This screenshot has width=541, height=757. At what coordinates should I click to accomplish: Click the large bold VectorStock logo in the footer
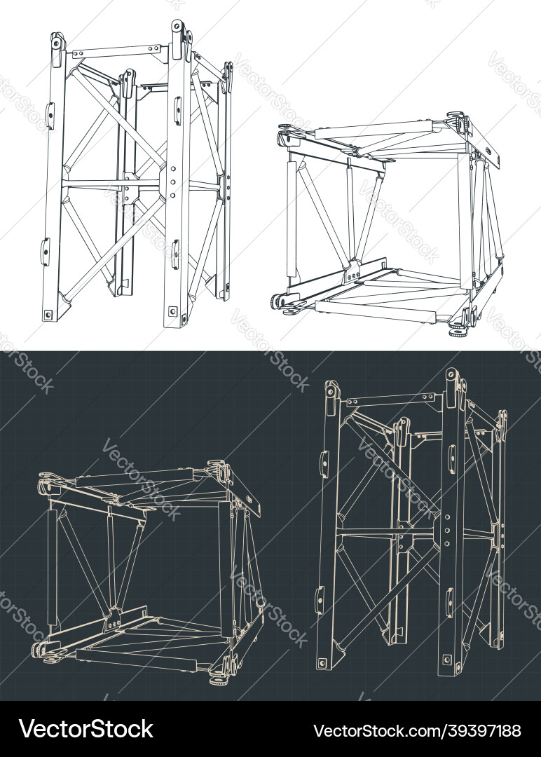click(86, 729)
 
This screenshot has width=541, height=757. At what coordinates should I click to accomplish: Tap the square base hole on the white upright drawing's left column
click(48, 314)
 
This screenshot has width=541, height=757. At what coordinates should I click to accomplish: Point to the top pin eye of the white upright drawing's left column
click(57, 43)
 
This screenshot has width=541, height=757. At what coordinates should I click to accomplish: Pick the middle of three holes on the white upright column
click(173, 182)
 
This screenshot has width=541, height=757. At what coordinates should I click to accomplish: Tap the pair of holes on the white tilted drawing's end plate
click(490, 151)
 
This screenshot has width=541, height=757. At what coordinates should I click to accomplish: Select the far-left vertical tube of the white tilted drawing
click(291, 219)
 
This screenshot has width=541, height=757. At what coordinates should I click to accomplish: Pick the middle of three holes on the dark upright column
click(447, 530)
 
